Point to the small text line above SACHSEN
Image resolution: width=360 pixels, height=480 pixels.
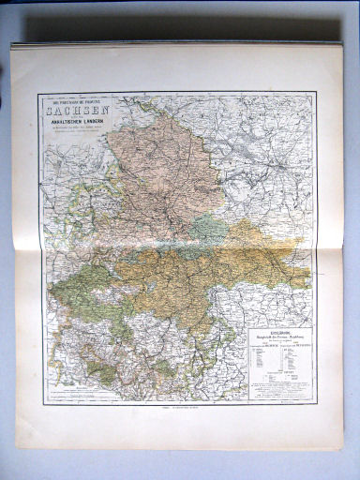coord(70,99)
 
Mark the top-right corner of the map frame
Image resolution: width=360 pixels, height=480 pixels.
coord(316,92)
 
